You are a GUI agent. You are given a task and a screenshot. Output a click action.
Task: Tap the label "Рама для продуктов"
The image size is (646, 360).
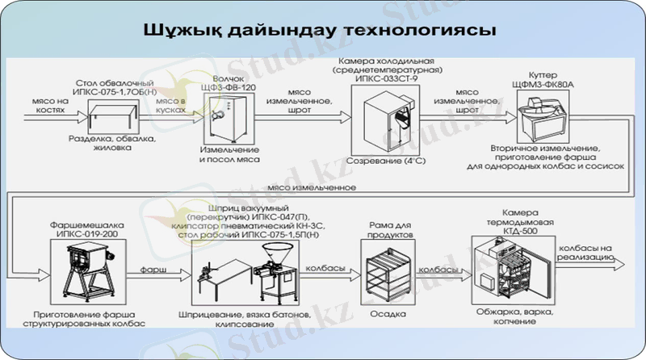pos(384,227)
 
